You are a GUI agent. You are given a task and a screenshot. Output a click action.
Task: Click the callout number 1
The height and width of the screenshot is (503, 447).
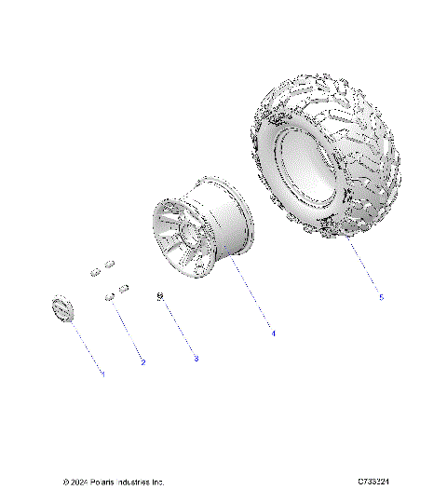click(x=103, y=374)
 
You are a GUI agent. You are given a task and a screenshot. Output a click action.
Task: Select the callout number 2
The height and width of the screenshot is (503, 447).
click(x=142, y=361)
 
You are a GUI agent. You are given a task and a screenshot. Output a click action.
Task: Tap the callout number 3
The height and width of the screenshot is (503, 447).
click(x=195, y=358)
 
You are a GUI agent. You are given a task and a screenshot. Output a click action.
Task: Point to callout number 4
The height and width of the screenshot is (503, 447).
click(x=272, y=333)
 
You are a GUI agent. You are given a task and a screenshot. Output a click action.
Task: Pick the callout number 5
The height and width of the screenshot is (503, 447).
click(x=381, y=297)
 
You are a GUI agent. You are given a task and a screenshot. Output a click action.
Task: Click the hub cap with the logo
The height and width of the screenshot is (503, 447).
click(x=61, y=309)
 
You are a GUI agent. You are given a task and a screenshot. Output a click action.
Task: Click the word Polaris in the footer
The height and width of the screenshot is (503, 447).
click(x=107, y=483)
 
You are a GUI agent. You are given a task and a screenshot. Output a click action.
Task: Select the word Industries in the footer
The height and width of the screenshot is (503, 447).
click(x=139, y=483)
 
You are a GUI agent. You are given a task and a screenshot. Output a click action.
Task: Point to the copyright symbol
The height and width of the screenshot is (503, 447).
click(x=66, y=483)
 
